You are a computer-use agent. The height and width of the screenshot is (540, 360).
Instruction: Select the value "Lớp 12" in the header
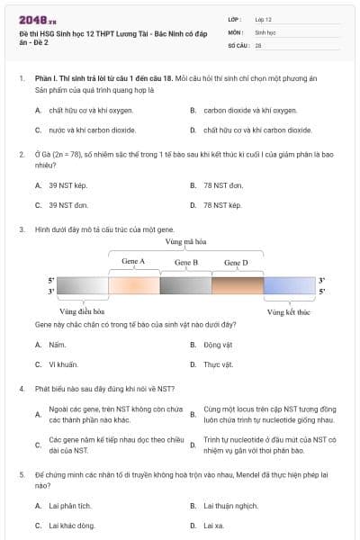click(264, 18)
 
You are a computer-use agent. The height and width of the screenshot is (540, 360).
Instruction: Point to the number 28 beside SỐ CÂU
click(258, 44)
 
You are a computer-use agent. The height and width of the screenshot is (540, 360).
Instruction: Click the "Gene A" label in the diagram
click(133, 262)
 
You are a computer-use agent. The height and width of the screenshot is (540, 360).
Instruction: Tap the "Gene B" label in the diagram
click(185, 262)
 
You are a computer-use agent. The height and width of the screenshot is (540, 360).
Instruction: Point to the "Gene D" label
click(236, 262)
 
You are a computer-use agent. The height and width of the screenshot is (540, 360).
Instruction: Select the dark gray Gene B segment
click(185, 286)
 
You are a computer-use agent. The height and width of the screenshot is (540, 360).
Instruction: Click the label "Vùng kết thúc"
click(289, 311)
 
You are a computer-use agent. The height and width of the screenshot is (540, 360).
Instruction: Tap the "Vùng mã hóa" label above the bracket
click(184, 242)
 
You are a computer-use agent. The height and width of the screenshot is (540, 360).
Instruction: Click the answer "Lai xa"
click(214, 525)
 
